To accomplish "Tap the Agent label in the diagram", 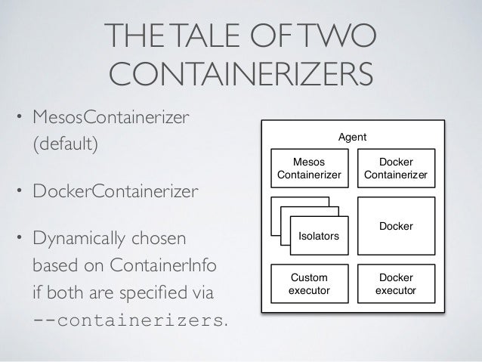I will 353,137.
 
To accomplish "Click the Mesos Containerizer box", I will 310,169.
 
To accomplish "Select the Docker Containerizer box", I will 395,169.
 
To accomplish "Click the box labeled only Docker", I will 396,225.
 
